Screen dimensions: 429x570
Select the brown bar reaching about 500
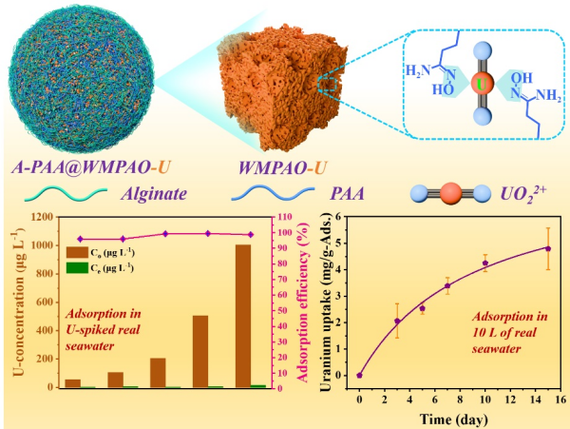point(199,351)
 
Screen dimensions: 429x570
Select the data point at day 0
point(359,375)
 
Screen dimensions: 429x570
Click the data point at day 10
point(484,263)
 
